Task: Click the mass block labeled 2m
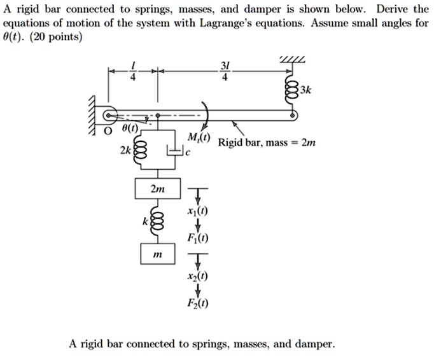tap(157, 189)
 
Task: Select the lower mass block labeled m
tap(157, 254)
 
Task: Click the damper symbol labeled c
tap(174, 152)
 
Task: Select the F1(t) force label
tap(199, 239)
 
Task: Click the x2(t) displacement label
tap(199, 277)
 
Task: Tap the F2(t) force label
tap(199, 305)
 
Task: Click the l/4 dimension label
tap(133, 73)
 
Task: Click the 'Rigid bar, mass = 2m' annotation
tap(267, 143)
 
